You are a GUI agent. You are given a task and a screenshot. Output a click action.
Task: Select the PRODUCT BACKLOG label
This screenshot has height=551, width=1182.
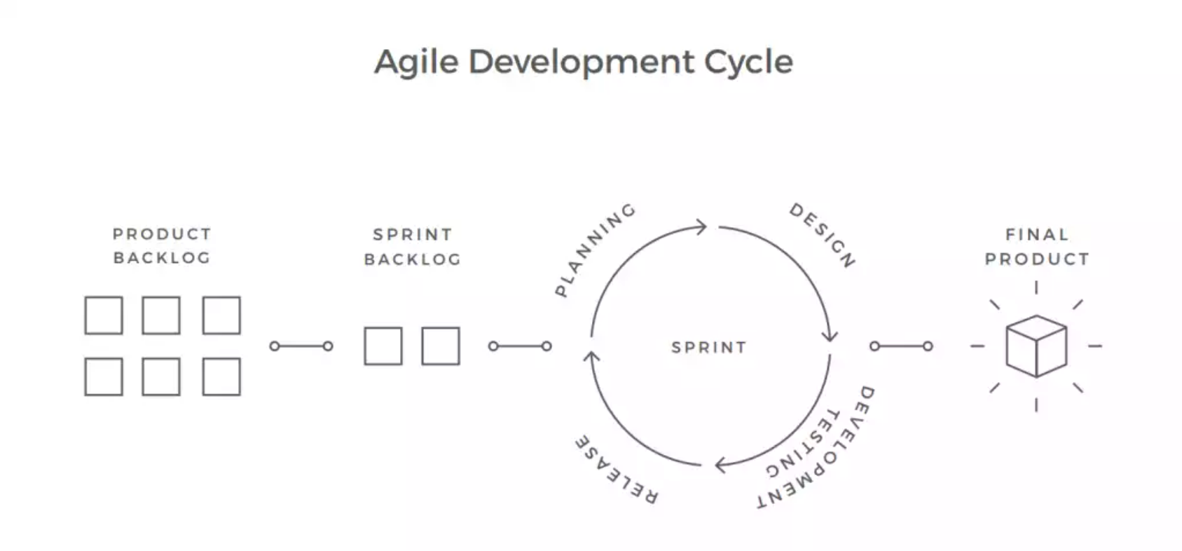(x=162, y=246)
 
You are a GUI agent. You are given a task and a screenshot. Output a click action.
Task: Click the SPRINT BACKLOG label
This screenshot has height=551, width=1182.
(x=413, y=247)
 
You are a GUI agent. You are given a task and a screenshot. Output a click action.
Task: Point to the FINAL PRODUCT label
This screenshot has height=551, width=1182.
(x=1038, y=247)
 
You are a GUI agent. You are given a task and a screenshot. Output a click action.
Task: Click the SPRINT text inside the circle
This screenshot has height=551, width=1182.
(x=709, y=347)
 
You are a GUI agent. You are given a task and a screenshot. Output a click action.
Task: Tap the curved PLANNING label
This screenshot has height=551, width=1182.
(x=596, y=250)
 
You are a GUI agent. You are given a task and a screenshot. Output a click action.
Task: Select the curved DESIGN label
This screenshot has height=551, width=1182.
(x=823, y=235)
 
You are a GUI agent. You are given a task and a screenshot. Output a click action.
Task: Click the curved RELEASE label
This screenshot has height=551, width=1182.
(x=617, y=470)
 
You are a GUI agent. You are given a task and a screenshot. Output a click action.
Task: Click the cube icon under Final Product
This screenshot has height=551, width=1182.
(x=1036, y=346)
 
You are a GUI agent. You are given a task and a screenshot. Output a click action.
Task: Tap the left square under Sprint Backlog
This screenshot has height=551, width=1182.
(x=383, y=346)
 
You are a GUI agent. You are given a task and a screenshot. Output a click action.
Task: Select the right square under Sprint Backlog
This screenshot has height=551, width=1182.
(x=441, y=346)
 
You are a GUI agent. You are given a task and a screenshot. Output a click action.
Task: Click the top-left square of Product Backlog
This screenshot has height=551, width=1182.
(x=104, y=315)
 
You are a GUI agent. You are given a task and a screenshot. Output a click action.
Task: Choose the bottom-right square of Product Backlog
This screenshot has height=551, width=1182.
(x=221, y=377)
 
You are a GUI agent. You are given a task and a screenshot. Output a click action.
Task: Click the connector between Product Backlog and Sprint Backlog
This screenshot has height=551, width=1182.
(x=301, y=346)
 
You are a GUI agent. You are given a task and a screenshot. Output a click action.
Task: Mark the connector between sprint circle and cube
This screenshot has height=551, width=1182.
(x=901, y=346)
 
